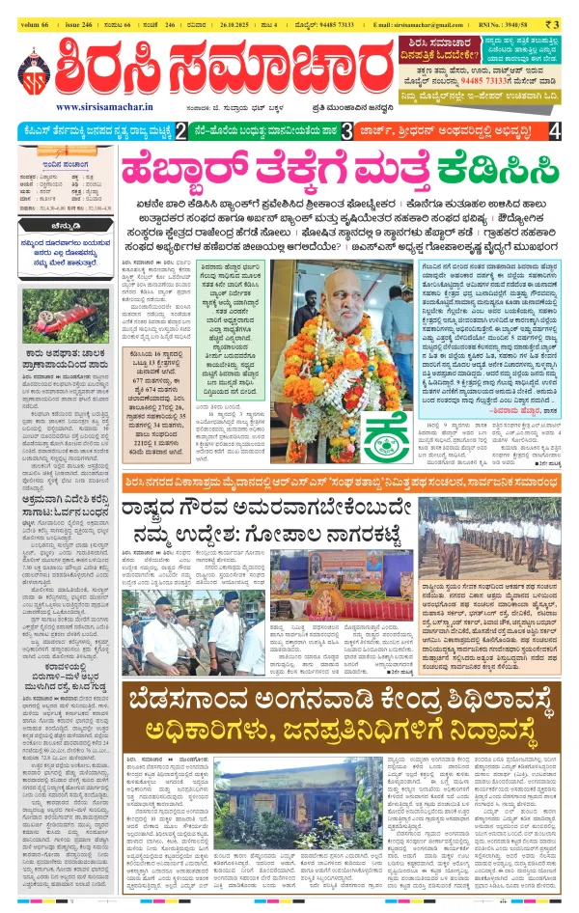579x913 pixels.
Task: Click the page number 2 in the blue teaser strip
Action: [181, 130]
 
